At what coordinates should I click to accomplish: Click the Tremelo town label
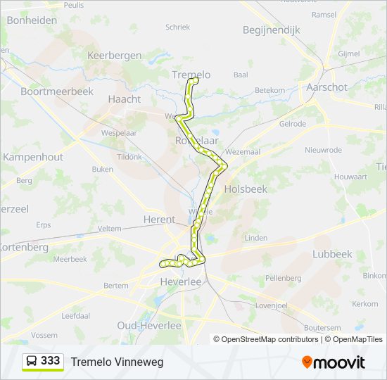[191, 75]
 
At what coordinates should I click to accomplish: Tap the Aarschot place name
[327, 87]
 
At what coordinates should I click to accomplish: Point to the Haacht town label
[125, 99]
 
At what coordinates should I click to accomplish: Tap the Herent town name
[159, 220]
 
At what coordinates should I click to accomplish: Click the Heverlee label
[182, 281]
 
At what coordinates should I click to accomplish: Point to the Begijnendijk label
[271, 30]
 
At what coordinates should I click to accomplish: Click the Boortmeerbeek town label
[58, 91]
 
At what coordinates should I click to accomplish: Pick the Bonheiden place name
[31, 20]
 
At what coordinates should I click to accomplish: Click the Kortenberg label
[24, 247]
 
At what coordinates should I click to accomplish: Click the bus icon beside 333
[32, 361]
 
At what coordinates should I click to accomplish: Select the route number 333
[51, 361]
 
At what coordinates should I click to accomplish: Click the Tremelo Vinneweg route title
[117, 362]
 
